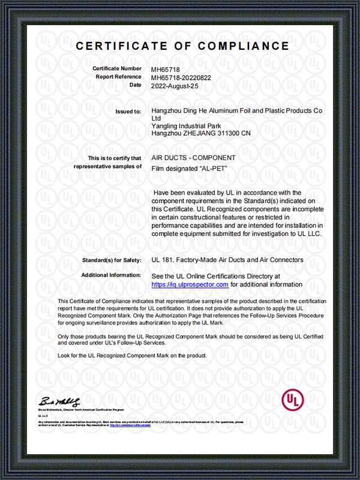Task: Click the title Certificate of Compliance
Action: coord(182,47)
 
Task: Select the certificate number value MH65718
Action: coord(164,69)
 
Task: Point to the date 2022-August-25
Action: coord(174,85)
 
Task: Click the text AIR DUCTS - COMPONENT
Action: coord(193,158)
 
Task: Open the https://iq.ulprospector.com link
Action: coord(190,284)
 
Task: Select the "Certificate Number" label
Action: coord(118,69)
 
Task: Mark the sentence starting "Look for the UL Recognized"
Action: coord(132,356)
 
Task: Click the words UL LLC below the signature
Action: coord(43,415)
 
